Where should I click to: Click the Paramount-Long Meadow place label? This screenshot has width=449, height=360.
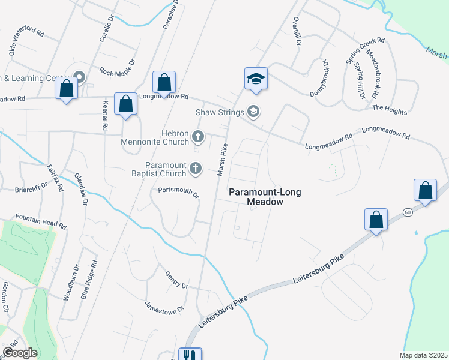coord(265,197)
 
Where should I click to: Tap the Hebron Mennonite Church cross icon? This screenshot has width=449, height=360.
coord(197,137)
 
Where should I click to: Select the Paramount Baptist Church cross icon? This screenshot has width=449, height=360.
coord(195,170)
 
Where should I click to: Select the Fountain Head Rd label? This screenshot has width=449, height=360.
coord(40,220)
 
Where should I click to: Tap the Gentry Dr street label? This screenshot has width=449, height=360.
coord(177,280)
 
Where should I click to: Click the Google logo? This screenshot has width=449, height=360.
coord(19,353)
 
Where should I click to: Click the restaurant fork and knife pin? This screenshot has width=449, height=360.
coord(190,355)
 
